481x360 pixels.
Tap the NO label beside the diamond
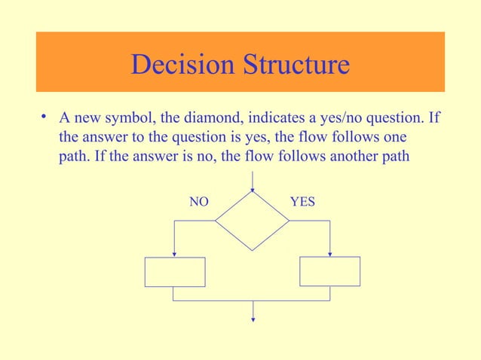click(x=198, y=202)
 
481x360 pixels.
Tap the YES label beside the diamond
click(x=302, y=202)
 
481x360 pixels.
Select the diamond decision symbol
click(x=253, y=221)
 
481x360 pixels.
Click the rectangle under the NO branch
click(x=175, y=272)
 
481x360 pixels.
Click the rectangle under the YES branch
click(x=329, y=271)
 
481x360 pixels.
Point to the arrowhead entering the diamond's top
click(x=253, y=188)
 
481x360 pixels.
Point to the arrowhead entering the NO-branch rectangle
click(x=174, y=254)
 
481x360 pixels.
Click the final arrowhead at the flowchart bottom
click(x=253, y=319)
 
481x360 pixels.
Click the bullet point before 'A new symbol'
click(x=45, y=117)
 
